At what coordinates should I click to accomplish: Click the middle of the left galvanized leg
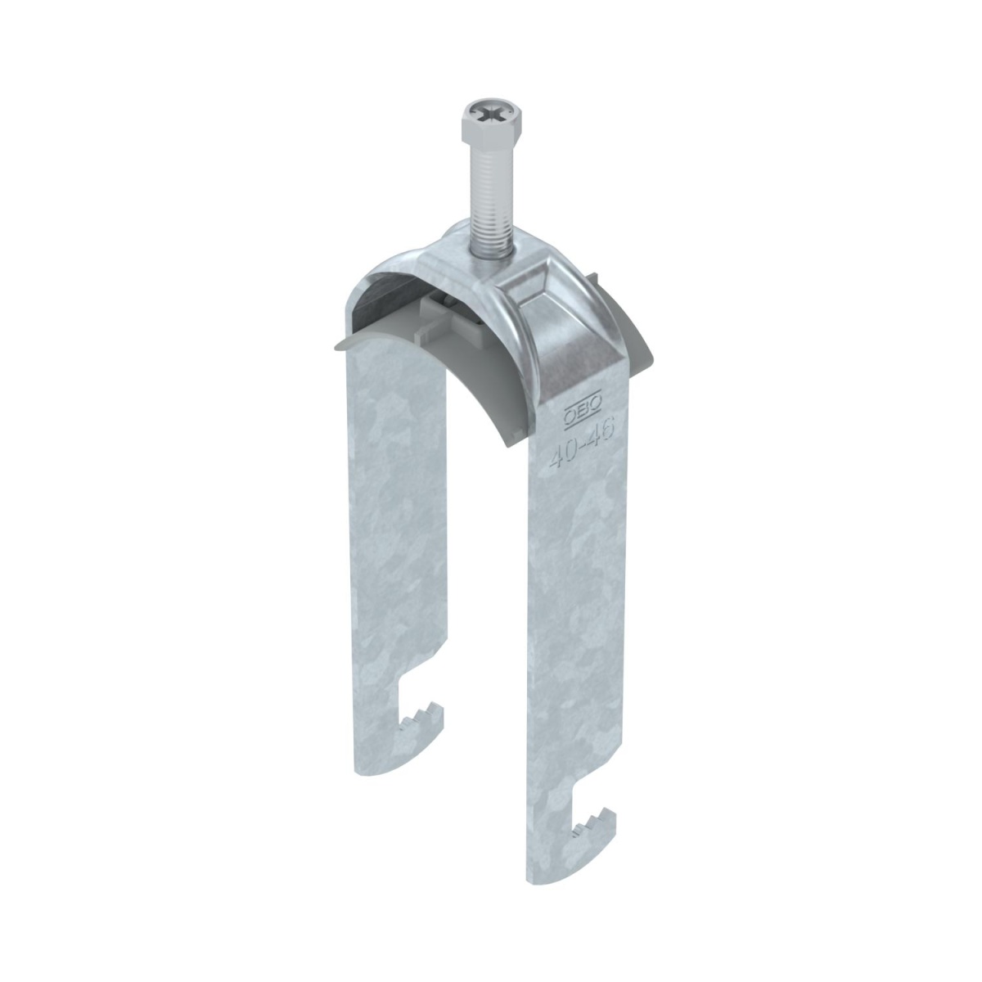(393, 532)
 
